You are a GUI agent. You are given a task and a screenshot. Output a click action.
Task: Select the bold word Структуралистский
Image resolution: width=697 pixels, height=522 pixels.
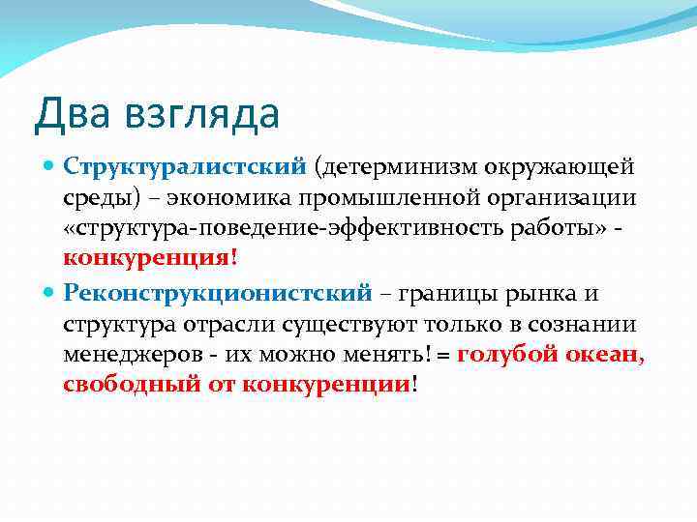coord(184,167)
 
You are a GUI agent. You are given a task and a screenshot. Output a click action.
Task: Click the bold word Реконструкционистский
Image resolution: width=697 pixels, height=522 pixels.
coord(218,291)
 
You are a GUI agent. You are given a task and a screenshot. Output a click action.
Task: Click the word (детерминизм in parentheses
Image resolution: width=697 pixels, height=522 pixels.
coord(392,167)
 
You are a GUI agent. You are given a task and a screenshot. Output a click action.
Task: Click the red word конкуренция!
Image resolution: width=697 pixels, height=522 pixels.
coord(150,260)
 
